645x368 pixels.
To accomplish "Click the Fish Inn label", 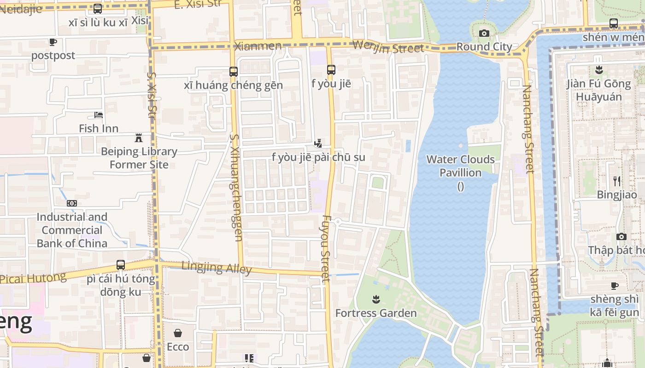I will tap(99, 128).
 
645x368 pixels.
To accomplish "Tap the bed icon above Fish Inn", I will tap(99, 115).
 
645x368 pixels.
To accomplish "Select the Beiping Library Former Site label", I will tap(139, 158).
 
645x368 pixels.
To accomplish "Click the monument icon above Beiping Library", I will tap(138, 138).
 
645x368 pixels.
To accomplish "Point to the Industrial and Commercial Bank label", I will tap(72, 230).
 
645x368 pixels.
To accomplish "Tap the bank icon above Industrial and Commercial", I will tap(71, 203).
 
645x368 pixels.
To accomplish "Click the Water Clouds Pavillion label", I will tap(461, 166).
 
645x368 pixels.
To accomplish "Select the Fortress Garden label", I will tap(376, 313).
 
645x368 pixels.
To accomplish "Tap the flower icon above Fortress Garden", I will tap(376, 299).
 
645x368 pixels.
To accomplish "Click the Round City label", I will tap(484, 47).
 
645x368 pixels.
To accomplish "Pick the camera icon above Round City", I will tap(484, 33).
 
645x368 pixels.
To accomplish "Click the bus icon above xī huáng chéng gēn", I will tap(234, 72).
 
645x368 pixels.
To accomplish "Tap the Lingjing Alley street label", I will tap(217, 267).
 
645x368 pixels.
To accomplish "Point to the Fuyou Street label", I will tap(326, 248).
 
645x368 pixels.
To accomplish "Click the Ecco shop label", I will tap(178, 347).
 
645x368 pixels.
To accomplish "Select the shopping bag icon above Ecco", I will tap(178, 333).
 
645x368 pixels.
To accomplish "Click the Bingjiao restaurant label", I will tap(617, 195).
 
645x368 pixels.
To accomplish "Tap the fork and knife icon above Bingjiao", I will tap(617, 181).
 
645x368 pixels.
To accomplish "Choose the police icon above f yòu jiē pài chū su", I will tap(318, 144).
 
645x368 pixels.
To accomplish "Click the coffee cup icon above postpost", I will tap(53, 42).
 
